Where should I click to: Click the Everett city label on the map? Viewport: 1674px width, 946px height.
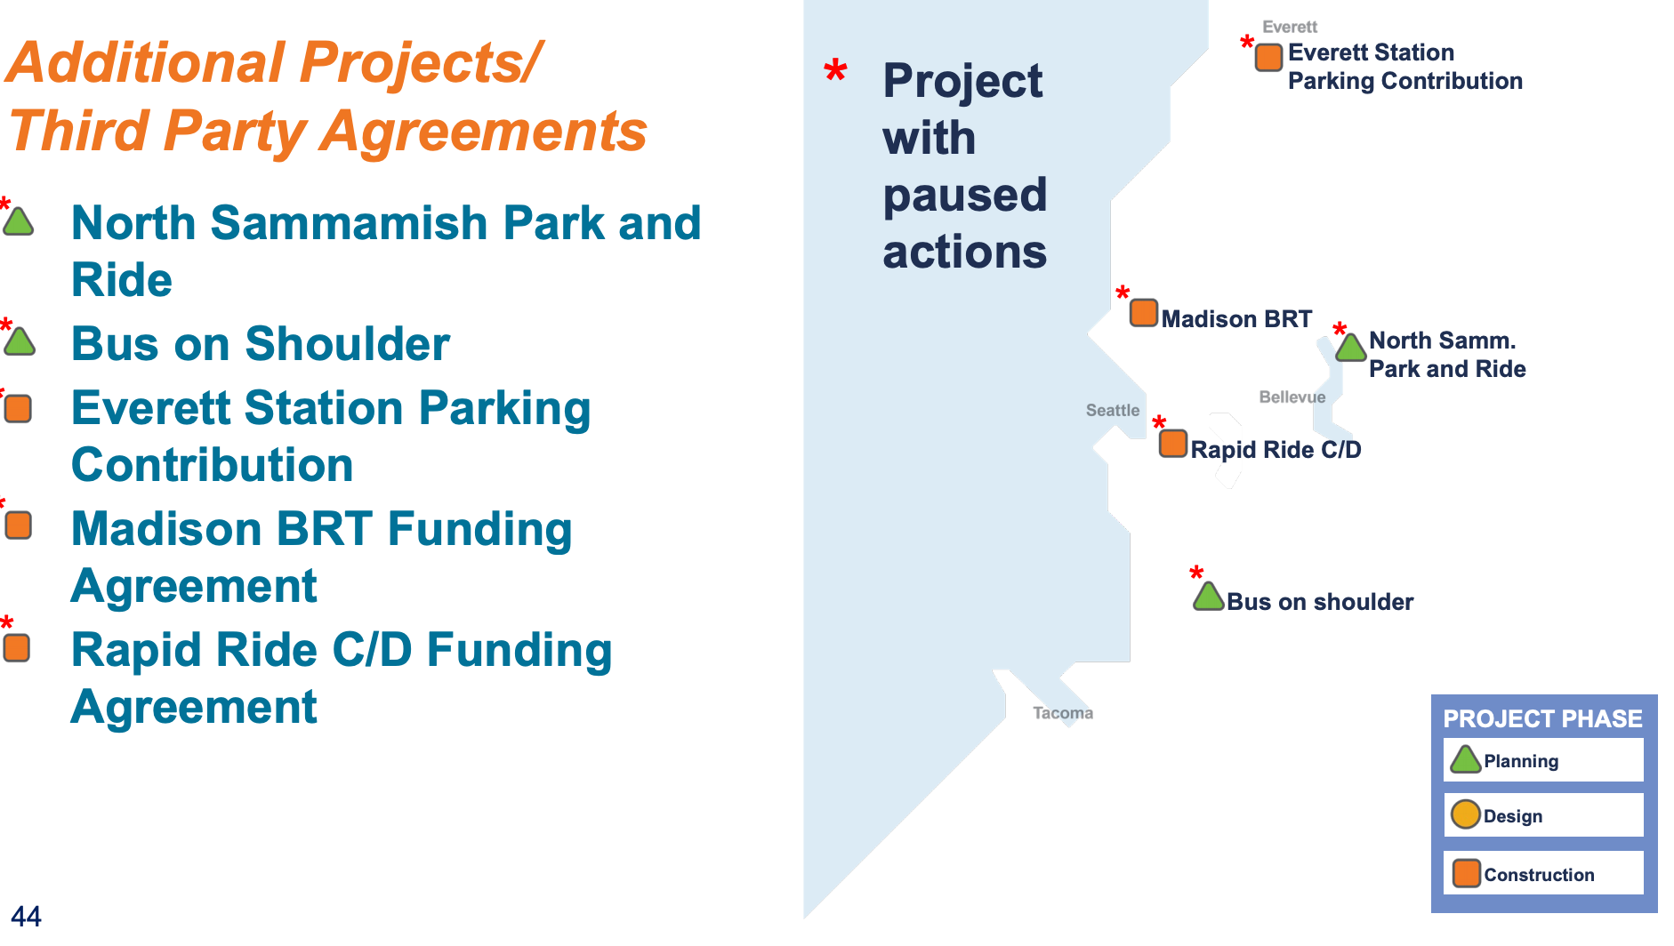tap(1289, 27)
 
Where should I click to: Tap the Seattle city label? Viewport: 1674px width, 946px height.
tap(1112, 410)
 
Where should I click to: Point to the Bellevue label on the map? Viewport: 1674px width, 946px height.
tap(1292, 397)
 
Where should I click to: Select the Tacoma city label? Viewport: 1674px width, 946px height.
tap(1062, 712)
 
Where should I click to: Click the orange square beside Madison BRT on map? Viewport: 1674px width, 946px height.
tap(1143, 313)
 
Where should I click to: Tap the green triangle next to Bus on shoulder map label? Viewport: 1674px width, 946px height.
tap(1208, 596)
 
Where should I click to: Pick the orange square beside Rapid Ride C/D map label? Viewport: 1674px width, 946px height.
tap(1172, 443)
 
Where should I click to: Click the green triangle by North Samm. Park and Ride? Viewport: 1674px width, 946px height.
tap(1350, 347)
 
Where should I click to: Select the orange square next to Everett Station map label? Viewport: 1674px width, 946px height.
tap(1268, 57)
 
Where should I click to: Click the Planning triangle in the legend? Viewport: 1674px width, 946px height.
tap(1465, 759)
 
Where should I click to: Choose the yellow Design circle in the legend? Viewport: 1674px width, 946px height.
tap(1465, 814)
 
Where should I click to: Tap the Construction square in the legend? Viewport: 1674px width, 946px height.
tap(1466, 873)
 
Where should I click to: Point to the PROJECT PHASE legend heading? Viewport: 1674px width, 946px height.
tap(1542, 718)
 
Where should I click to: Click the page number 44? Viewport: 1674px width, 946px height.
tap(26, 916)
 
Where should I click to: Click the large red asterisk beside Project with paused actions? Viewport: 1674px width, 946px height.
tap(835, 70)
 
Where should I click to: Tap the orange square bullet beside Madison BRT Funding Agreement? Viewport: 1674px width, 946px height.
tap(18, 525)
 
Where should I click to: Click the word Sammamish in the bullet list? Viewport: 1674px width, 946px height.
tap(350, 222)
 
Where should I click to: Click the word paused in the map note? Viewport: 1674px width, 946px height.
tap(965, 196)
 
